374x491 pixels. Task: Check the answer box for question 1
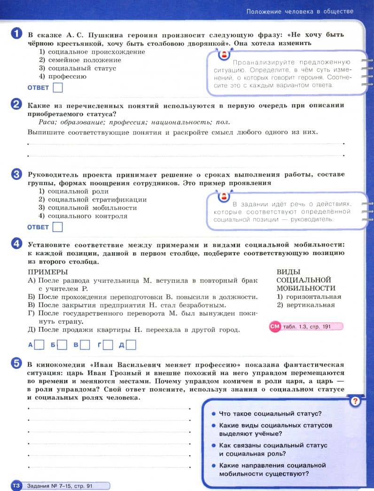[58, 87]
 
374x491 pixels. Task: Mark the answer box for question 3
[58, 227]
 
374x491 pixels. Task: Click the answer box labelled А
[39, 345]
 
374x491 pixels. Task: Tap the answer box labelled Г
[108, 345]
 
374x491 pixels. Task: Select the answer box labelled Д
[131, 345]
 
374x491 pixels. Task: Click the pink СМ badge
[274, 327]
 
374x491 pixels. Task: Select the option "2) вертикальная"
[306, 305]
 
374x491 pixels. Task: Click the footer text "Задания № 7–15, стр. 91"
[60, 485]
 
